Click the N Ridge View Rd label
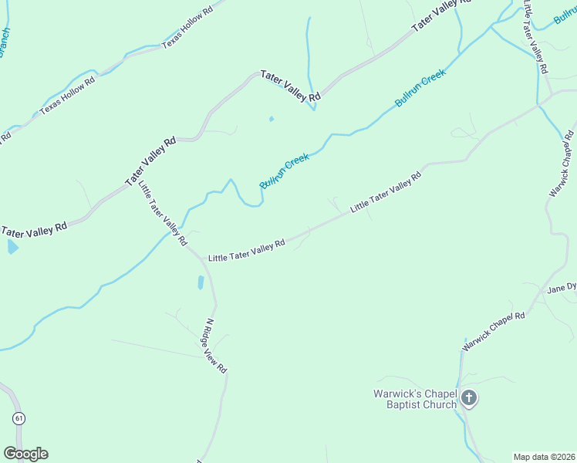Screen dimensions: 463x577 pyautogui.click(x=216, y=346)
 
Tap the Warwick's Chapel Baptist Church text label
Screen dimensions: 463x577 pyautogui.click(x=415, y=399)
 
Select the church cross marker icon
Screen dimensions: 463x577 pyautogui.click(x=469, y=399)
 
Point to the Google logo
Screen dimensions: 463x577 pyautogui.click(x=25, y=454)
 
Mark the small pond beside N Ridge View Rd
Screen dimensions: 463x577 pyautogui.click(x=201, y=282)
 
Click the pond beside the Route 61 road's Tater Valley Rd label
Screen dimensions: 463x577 pyautogui.click(x=12, y=247)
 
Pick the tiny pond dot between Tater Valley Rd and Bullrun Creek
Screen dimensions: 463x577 pyautogui.click(x=271, y=119)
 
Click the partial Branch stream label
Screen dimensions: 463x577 pyautogui.click(x=4, y=42)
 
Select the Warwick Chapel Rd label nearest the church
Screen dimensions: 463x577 pyautogui.click(x=494, y=332)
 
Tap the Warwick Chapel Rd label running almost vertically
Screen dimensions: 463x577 pyautogui.click(x=562, y=164)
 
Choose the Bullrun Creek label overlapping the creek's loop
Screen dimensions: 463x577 pyautogui.click(x=284, y=171)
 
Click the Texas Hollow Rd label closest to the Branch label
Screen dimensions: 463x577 pyautogui.click(x=68, y=94)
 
